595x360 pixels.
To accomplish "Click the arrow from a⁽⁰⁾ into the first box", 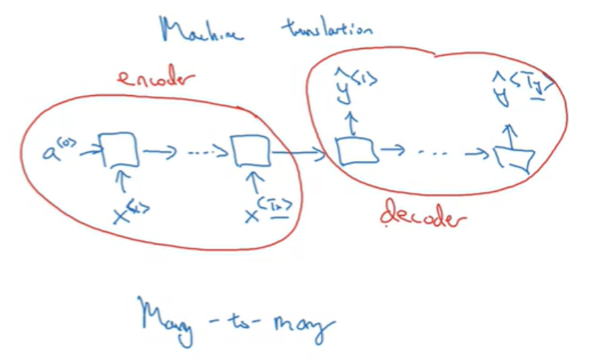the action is click(x=91, y=152).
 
